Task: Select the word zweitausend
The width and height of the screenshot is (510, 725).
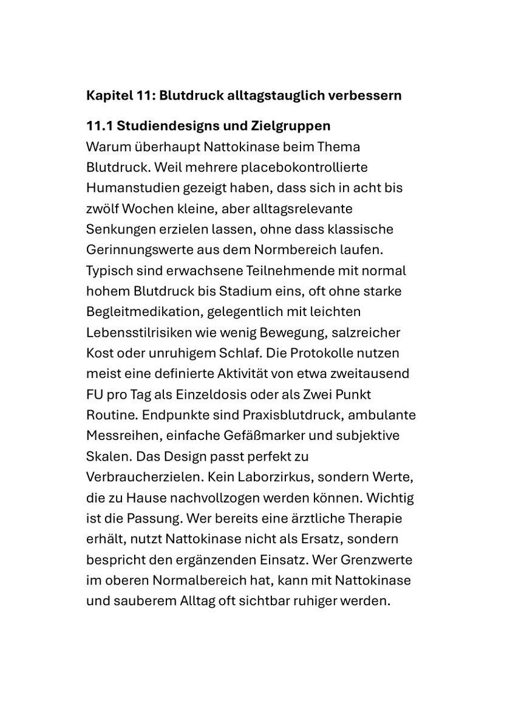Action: pyautogui.click(x=376, y=374)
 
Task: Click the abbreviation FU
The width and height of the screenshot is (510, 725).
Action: pyautogui.click(x=95, y=394)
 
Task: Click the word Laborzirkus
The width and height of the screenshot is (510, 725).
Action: pyautogui.click(x=280, y=477)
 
